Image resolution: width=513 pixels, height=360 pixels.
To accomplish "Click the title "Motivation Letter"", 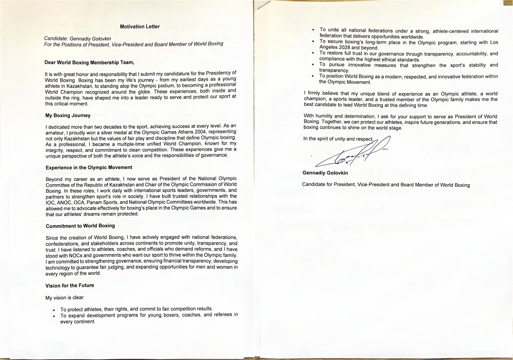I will click(x=140, y=27).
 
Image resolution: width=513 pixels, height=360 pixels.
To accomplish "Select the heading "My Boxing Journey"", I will click(x=68, y=115).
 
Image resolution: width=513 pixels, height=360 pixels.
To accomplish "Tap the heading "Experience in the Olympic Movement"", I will click(x=89, y=168).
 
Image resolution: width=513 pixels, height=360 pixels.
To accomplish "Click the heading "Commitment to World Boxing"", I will click(x=80, y=226).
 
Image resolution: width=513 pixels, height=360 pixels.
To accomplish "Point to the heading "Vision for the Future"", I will click(x=70, y=285).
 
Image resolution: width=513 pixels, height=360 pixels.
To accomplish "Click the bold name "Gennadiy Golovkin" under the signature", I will click(x=325, y=173).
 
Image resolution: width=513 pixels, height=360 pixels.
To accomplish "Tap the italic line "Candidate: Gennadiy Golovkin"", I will click(x=78, y=39).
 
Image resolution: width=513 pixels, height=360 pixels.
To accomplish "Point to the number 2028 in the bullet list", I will click(x=344, y=48).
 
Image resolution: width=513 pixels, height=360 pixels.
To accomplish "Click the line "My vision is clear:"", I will click(x=65, y=298).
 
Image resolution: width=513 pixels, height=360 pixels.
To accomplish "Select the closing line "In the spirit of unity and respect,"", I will click(x=338, y=139).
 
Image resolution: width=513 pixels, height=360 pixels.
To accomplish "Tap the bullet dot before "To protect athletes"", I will click(x=54, y=310).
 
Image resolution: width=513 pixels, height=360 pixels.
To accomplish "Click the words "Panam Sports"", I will click(x=99, y=202).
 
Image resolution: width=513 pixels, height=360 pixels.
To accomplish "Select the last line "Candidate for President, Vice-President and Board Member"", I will click(x=386, y=185).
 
